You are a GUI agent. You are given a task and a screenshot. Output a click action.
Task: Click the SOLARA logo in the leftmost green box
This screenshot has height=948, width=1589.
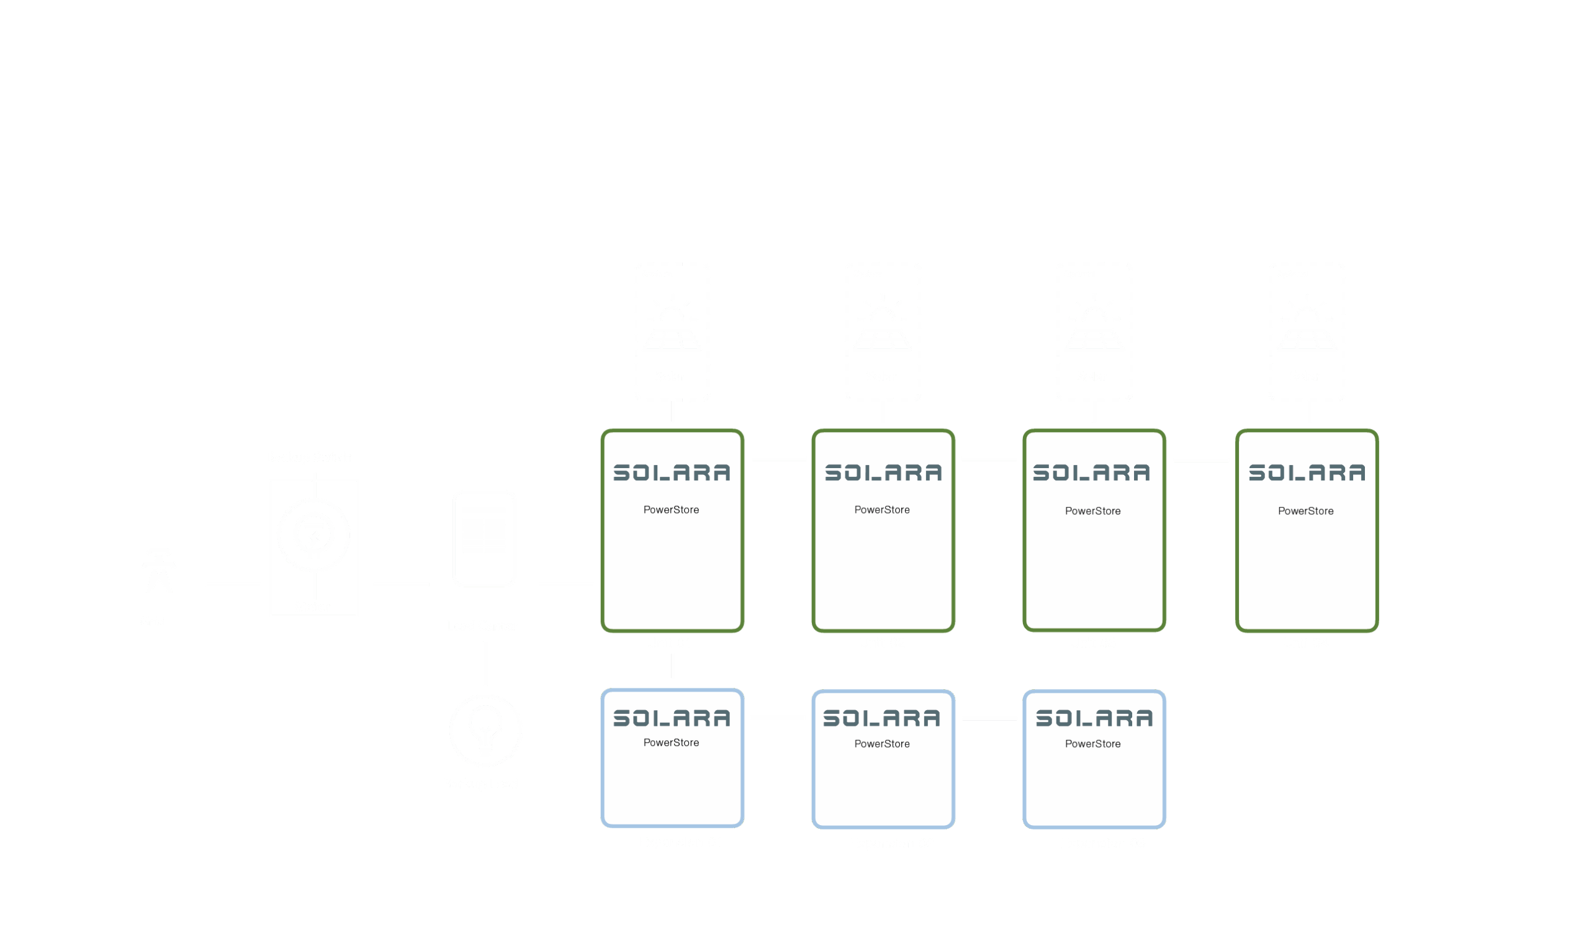pyautogui.click(x=672, y=472)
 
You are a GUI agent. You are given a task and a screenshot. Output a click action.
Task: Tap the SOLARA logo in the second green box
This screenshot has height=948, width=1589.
pyautogui.click(x=883, y=472)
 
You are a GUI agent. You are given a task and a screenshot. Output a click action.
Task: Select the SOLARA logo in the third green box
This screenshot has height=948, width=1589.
pyautogui.click(x=1092, y=472)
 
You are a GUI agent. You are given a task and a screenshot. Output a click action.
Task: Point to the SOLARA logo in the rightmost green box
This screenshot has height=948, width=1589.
pyautogui.click(x=1307, y=472)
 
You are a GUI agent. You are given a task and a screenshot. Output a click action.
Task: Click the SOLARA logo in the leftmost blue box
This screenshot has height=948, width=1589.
pyautogui.click(x=672, y=718)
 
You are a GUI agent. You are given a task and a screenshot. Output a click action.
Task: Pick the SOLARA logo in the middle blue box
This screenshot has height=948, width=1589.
pyautogui.click(x=882, y=718)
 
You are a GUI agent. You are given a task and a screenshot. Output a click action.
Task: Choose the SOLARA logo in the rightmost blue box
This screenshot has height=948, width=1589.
pyautogui.click(x=1094, y=718)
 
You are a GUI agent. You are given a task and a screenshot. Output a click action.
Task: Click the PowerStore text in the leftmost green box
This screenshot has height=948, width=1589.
pyautogui.click(x=671, y=510)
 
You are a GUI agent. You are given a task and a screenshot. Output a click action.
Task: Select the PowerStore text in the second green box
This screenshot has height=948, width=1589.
pyautogui.click(x=882, y=510)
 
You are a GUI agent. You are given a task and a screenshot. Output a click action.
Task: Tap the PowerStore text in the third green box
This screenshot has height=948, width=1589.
pyautogui.click(x=1093, y=511)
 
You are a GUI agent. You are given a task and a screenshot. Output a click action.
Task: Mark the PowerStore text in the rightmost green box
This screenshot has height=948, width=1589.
pyautogui.click(x=1305, y=511)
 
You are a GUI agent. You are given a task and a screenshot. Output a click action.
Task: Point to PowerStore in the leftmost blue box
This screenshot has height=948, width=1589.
pyautogui.click(x=671, y=743)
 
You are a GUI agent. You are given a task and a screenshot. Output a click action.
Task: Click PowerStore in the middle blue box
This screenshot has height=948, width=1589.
pyautogui.click(x=882, y=744)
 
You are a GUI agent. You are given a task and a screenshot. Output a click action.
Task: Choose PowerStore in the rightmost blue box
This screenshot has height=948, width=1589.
pyautogui.click(x=1093, y=744)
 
